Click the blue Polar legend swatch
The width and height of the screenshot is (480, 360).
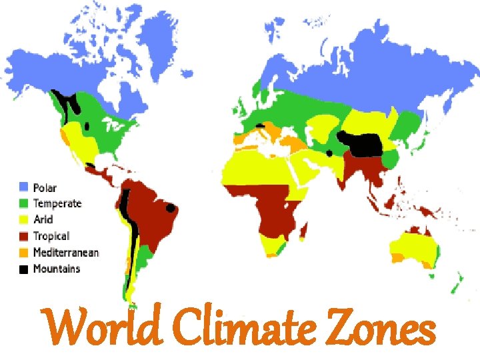point(25,188)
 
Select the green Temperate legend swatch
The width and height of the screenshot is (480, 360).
point(25,204)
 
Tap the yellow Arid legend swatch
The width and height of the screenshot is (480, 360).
point(25,220)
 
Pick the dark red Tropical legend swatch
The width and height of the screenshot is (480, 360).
point(25,237)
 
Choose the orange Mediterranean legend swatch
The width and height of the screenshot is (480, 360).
point(25,253)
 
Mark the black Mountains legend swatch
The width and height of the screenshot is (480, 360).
point(25,269)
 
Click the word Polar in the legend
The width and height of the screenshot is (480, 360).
point(45,188)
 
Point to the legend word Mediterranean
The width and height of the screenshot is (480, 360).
point(66,253)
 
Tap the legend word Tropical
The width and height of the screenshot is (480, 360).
point(51,237)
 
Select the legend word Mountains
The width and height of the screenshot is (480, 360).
point(57,269)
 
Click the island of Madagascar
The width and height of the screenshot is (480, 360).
point(305,231)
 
